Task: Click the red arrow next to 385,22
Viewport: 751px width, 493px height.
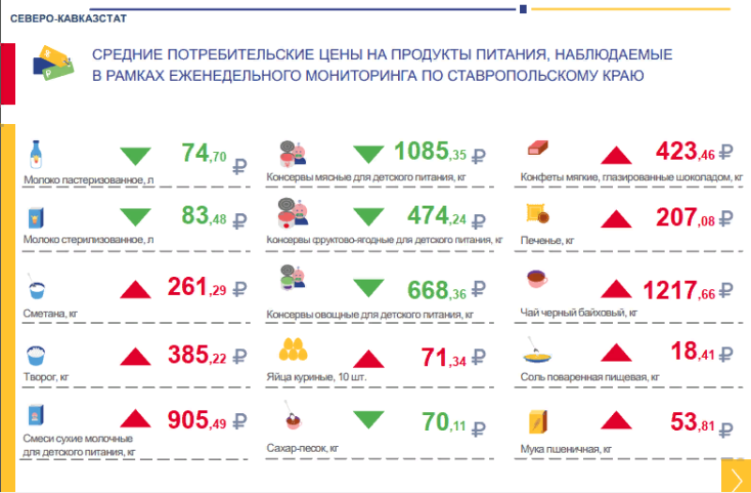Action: pyautogui.click(x=137, y=356)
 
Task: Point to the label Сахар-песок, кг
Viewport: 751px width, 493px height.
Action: pyautogui.click(x=301, y=449)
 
